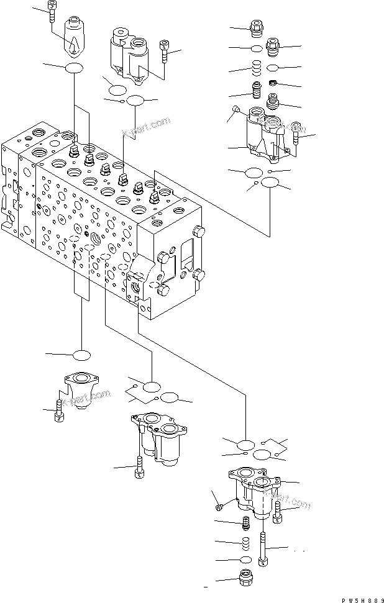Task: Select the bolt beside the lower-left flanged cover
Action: [58, 411]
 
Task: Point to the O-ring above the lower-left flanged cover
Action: [82, 355]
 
